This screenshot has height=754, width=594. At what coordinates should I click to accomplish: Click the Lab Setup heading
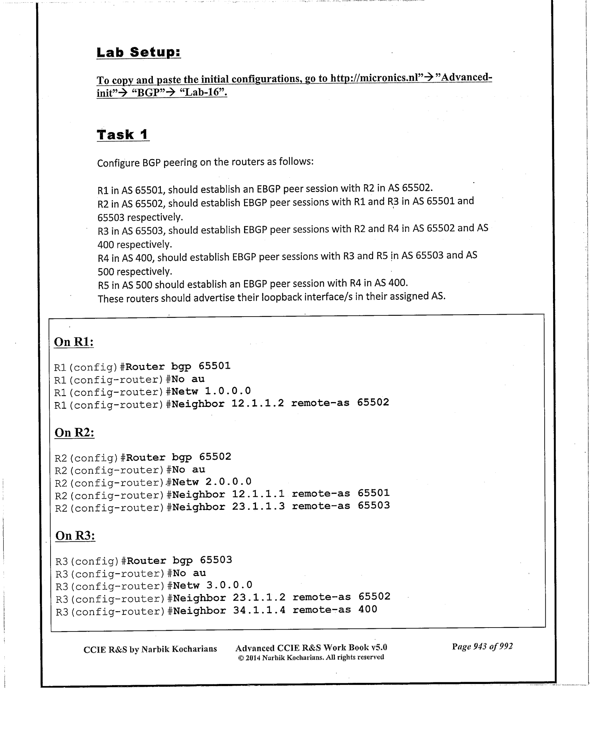click(x=139, y=52)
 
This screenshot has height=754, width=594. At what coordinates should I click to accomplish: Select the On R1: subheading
click(x=74, y=342)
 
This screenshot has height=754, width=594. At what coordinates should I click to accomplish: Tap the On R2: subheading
click(x=74, y=432)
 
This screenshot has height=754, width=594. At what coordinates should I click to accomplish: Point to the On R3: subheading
click(x=75, y=535)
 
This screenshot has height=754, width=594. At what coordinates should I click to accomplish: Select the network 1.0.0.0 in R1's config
click(x=228, y=391)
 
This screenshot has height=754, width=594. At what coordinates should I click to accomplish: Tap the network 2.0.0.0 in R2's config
click(x=229, y=482)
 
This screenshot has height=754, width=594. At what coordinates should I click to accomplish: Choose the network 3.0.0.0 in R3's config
click(x=229, y=585)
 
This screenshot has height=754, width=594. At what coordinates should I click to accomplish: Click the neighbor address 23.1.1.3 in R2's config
click(x=258, y=506)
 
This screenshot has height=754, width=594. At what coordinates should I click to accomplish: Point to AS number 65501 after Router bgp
click(x=215, y=366)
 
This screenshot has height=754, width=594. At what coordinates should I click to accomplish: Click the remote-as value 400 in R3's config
click(x=368, y=609)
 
